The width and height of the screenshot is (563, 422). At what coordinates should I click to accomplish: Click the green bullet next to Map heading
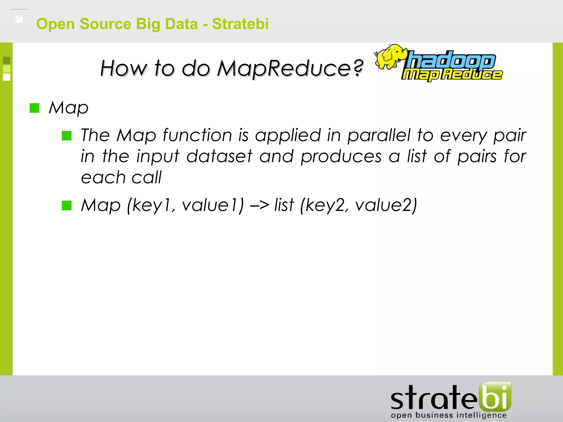coord(35,108)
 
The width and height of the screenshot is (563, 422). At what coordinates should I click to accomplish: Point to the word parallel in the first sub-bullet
coord(379,135)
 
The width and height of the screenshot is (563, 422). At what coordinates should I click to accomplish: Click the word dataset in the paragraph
coord(219,156)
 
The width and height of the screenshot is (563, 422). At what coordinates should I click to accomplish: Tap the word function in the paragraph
coord(197,135)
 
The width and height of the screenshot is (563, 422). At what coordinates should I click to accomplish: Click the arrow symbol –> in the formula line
coord(259,205)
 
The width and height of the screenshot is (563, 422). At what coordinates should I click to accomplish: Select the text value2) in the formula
coord(386,205)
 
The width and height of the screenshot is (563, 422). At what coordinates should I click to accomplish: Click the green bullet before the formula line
coord(67,205)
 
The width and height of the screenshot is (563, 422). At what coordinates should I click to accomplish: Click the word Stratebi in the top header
coord(240,24)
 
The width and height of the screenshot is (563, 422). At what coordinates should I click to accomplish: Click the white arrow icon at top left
coord(19,19)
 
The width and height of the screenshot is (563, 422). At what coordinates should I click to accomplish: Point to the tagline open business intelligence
coord(449,415)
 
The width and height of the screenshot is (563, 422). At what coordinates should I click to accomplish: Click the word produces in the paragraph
coord(341,156)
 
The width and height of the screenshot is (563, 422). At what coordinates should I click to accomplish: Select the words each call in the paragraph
coord(121,177)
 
